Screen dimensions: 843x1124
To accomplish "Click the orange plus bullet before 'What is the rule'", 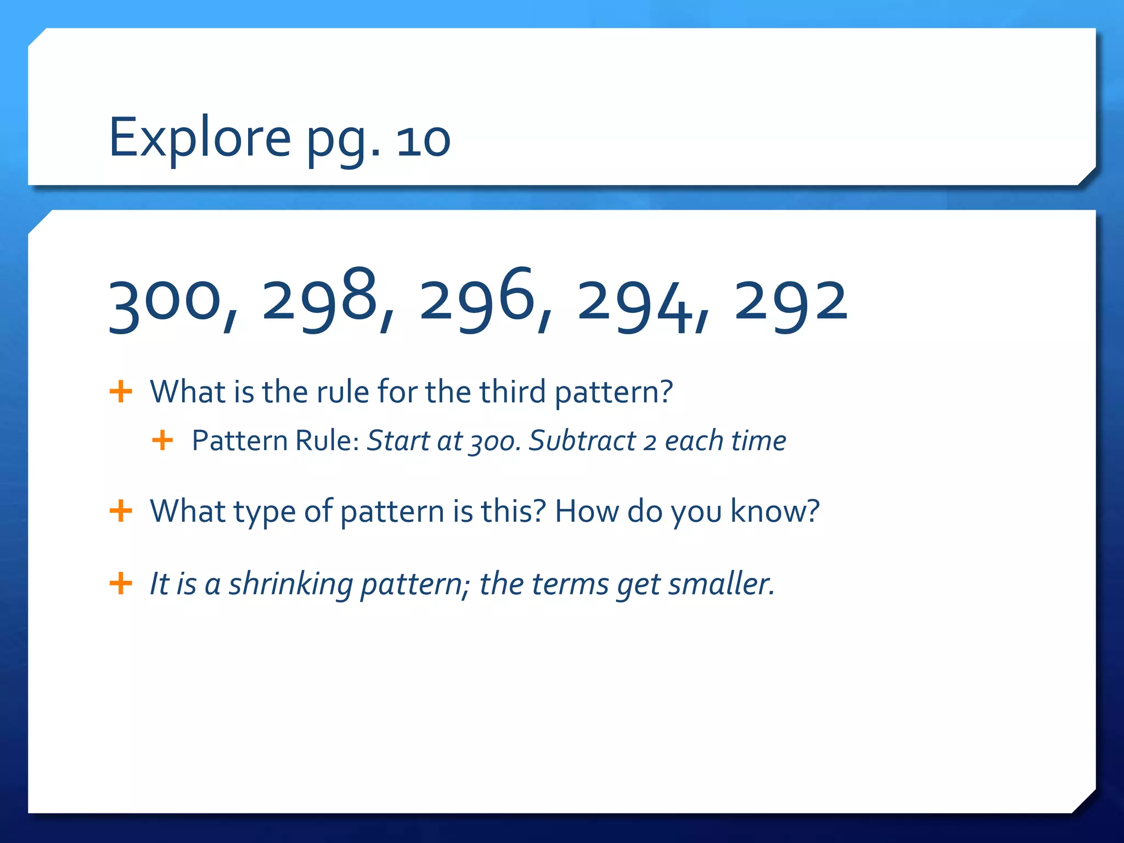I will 121,392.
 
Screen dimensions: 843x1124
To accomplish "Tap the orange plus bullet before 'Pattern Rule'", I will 162,440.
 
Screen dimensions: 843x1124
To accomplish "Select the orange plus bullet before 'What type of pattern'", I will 121,512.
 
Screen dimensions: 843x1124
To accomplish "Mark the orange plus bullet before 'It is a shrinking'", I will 121,583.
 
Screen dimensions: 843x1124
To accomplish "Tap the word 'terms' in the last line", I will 570,584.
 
